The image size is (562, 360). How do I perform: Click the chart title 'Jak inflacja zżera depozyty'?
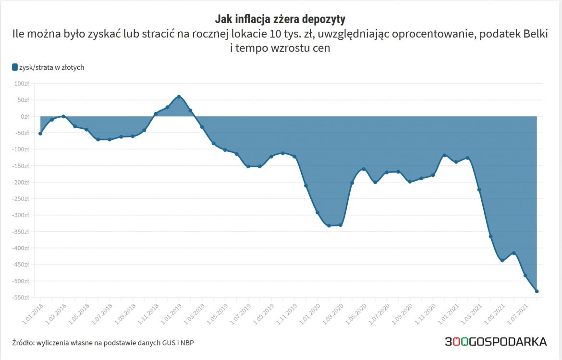coord(280,19)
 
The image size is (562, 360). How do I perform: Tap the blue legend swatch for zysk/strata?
coord(15,68)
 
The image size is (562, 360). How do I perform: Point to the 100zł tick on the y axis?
coord(22,84)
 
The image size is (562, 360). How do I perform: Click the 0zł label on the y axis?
coord(24,116)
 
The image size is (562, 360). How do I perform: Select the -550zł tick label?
coord(20,298)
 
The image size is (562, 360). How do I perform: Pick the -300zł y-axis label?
coord(20,215)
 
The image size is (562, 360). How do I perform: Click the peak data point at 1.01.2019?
coord(179,97)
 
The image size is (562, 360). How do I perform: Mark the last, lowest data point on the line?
coord(537,291)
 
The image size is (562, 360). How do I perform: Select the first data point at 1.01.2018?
coord(40,133)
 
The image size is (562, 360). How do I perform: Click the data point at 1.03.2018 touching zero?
coord(63,116)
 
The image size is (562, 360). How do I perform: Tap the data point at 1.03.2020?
coord(341,225)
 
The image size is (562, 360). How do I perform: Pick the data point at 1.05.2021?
coord(502,261)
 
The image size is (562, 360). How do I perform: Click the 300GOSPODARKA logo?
coord(495,342)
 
